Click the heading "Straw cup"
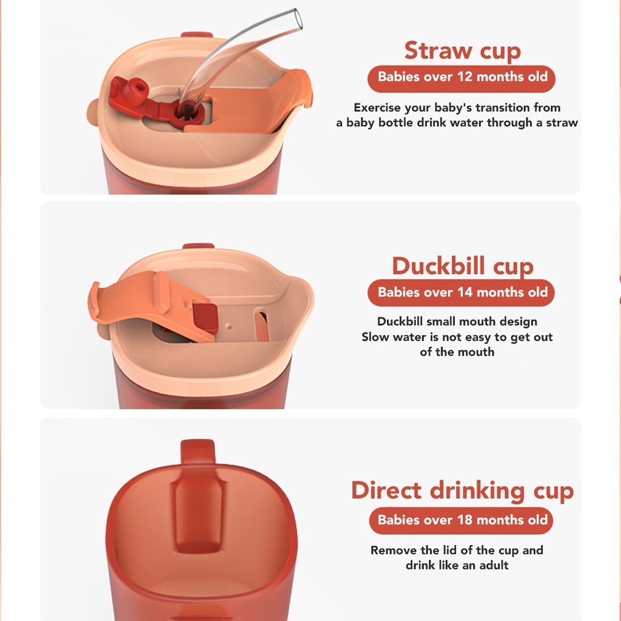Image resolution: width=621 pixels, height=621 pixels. pyautogui.click(x=462, y=51)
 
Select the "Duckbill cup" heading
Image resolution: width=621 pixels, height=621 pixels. pyautogui.click(x=463, y=266)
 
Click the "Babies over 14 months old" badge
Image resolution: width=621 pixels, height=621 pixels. pyautogui.click(x=461, y=293)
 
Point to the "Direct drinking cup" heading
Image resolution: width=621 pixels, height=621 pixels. pyautogui.click(x=462, y=491)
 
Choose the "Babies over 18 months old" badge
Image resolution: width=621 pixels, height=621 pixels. pyautogui.click(x=461, y=520)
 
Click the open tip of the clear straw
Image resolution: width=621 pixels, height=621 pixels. pyautogui.click(x=297, y=19)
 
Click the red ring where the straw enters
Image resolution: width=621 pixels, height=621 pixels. pyautogui.click(x=187, y=112)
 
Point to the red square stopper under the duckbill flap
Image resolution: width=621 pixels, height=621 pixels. pyautogui.click(x=206, y=318)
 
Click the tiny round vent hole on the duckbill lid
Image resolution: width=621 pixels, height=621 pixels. pyautogui.click(x=228, y=326)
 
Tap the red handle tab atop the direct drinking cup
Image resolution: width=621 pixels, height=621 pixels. pyautogui.click(x=198, y=452)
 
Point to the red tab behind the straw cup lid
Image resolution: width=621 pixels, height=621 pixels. pyautogui.click(x=197, y=35)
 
